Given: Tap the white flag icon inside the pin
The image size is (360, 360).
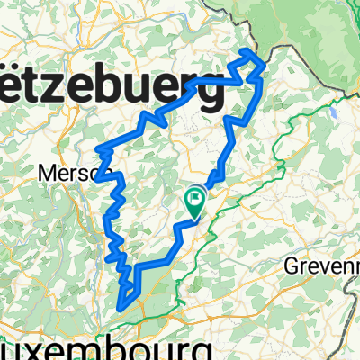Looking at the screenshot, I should pos(196,197).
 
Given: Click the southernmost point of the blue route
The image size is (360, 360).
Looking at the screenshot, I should pos(121,309).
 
